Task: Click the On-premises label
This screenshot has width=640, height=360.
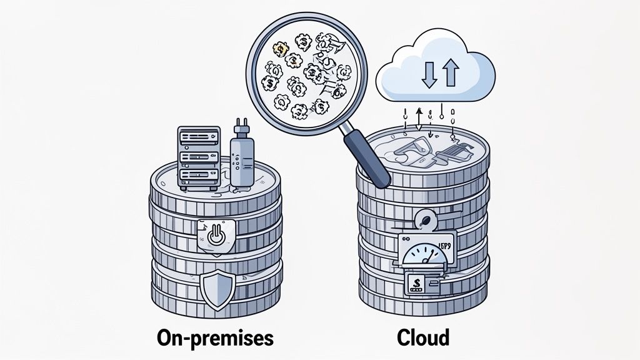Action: [215, 338]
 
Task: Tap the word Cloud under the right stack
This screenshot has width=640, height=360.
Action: [423, 338]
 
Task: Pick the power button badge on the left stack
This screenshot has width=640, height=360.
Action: [214, 236]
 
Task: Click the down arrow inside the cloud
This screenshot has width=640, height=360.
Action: [427, 74]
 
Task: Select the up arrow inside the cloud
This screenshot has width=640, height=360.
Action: [451, 74]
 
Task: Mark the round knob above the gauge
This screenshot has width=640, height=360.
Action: [427, 220]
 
